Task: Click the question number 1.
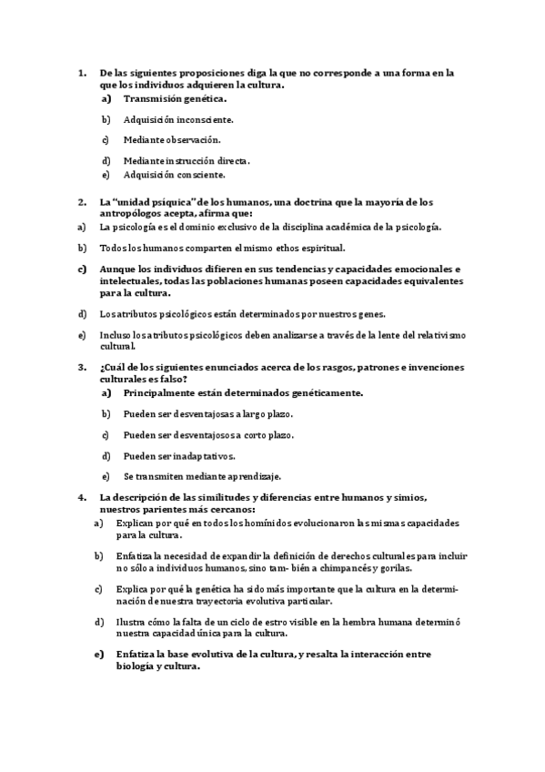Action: coord(82,72)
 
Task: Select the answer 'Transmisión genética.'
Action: coord(175,98)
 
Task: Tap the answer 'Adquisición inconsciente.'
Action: coord(178,119)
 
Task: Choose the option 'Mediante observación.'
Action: coord(172,139)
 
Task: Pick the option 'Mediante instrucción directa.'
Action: coord(187,160)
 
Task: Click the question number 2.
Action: coord(82,201)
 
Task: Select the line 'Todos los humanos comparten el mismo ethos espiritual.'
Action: coord(223,247)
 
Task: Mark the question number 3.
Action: coord(82,367)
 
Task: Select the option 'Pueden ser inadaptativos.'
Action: coord(178,455)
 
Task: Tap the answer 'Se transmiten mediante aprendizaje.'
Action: coord(202,476)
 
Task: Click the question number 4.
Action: coord(82,497)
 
